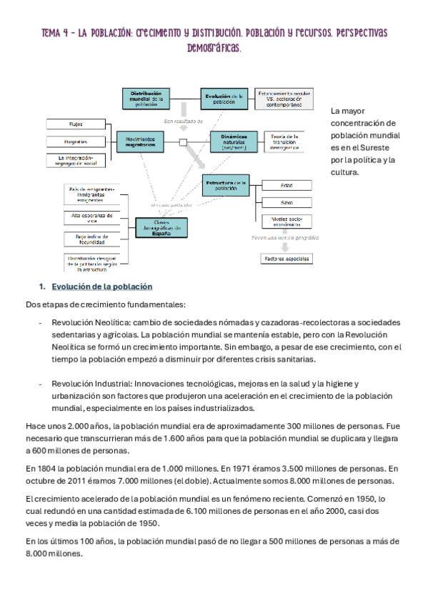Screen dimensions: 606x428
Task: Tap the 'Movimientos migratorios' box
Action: (150, 141)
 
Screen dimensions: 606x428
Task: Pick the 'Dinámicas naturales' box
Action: (234, 141)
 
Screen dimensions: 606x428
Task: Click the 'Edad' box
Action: (287, 184)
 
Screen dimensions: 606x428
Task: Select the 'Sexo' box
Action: (287, 202)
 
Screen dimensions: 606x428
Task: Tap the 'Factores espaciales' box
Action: (287, 258)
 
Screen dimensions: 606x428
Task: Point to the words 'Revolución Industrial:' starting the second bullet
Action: (86, 384)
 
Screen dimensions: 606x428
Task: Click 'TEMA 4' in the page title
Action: (55, 33)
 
